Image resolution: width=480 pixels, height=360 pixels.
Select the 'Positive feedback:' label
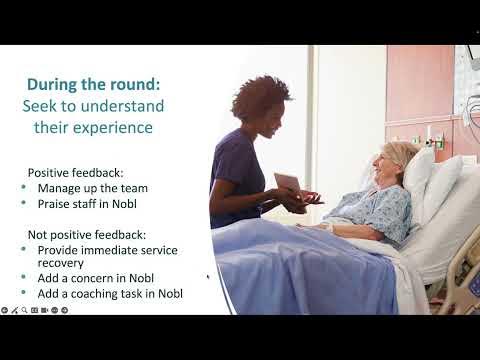tap(74, 172)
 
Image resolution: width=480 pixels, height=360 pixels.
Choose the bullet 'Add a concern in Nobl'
tap(95, 277)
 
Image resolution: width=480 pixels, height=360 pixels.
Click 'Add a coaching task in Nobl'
tap(110, 293)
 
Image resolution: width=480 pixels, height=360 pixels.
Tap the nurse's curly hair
tap(260, 98)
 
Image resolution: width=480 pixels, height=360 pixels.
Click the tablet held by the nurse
tap(287, 182)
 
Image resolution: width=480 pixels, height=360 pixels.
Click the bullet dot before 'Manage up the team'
tap(24, 188)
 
